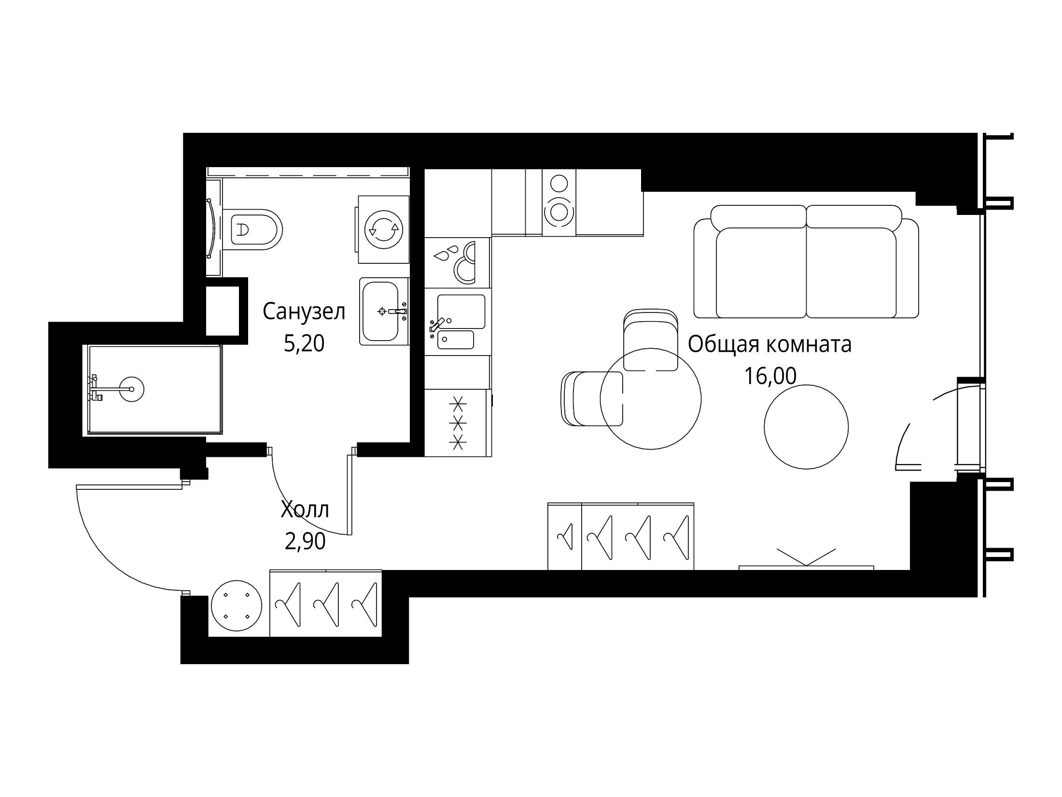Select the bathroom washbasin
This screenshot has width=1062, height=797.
click(384, 311)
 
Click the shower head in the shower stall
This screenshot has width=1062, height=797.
click(131, 388)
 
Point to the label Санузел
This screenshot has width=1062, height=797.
click(304, 312)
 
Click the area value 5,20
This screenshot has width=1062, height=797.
click(304, 343)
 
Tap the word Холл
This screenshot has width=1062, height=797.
click(305, 510)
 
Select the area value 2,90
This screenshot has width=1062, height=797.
click(305, 541)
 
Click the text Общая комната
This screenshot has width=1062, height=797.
click(769, 345)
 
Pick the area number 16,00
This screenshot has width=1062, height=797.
click(770, 376)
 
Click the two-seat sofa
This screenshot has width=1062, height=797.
click(806, 261)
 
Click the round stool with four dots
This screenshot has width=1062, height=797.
click(237, 605)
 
